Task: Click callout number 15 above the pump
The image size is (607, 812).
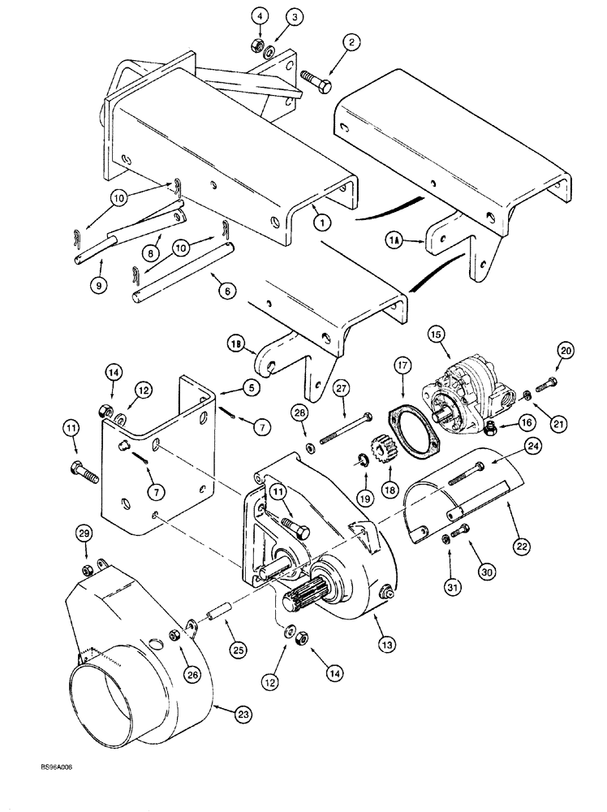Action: pyautogui.click(x=437, y=333)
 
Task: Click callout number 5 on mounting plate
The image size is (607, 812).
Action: pyautogui.click(x=250, y=388)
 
